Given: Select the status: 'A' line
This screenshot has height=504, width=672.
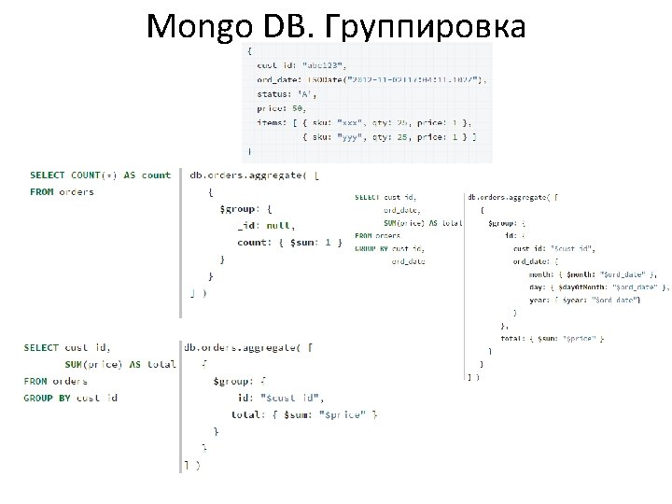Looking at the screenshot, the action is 287,93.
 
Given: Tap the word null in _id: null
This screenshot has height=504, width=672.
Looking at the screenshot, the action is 280,225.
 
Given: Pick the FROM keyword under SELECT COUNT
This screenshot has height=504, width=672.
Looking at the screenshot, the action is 41,192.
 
